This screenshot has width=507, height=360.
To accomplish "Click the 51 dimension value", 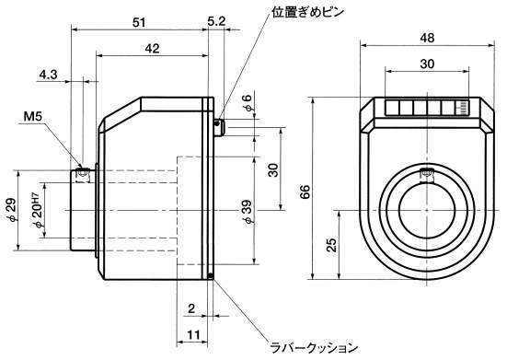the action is (139, 23).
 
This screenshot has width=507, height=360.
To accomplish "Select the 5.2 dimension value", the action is (216, 22).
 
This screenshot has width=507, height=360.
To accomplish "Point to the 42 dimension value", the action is (152, 49).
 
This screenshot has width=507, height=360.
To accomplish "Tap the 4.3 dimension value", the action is (48, 75).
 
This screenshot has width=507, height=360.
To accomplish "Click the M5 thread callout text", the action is (32, 116).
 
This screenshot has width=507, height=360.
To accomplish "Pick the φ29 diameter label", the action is (11, 210).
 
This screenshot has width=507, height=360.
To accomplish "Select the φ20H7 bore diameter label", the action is (37, 211).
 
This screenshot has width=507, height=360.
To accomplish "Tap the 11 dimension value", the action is (193, 334).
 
